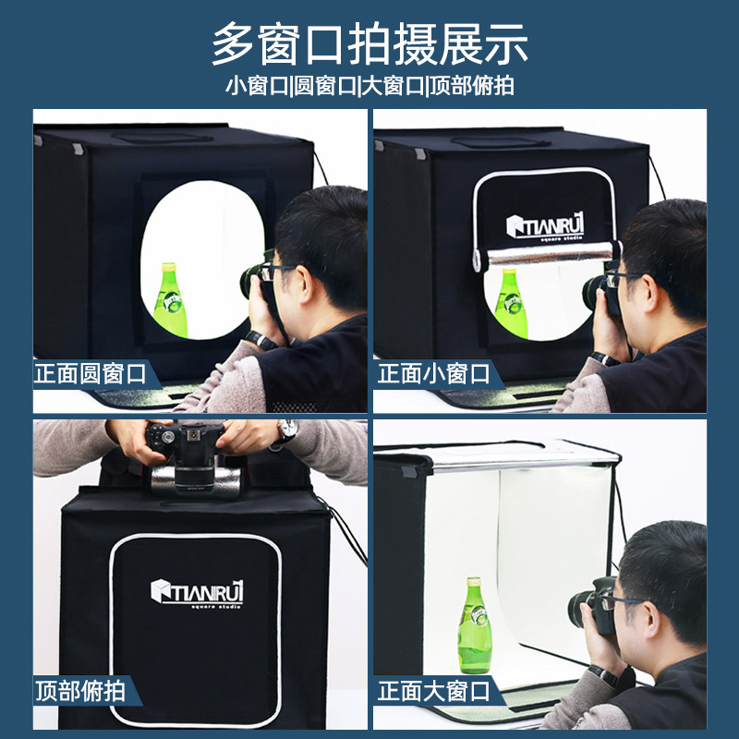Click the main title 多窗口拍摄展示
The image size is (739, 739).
369,43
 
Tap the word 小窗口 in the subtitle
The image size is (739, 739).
257,87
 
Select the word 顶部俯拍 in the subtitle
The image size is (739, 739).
472,87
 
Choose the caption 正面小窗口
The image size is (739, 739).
433,374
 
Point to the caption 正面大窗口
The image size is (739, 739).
433,690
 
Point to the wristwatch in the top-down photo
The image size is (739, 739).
287,430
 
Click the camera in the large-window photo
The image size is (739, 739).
592,605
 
